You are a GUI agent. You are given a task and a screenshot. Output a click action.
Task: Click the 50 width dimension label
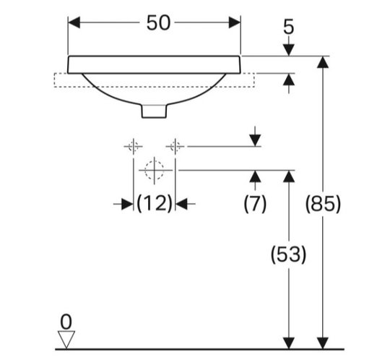click(158, 22)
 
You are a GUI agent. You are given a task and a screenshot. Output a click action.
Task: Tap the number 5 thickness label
click(288, 27)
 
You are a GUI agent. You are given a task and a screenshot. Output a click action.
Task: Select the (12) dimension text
click(155, 203)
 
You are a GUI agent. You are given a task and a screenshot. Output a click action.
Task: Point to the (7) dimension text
click(255, 203)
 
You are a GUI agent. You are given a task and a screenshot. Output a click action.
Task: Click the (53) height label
click(288, 254)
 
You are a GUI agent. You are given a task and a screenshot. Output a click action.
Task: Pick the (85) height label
click(323, 203)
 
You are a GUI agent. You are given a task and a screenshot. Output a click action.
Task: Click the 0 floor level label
click(66, 322)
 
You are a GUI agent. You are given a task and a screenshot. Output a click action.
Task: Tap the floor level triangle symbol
click(66, 340)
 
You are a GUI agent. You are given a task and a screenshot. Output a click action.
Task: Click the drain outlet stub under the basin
click(154, 111)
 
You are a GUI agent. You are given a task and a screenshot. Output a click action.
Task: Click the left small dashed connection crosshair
click(134, 147)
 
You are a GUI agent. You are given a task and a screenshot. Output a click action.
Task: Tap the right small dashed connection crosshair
click(175, 147)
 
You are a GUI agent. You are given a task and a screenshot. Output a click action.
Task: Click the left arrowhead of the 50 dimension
click(74, 22)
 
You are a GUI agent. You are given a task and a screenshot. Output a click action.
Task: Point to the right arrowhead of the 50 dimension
click(235, 22)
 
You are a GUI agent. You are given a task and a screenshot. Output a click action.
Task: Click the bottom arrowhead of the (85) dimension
click(323, 343)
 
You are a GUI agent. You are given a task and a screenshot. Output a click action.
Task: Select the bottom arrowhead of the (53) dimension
click(289, 343)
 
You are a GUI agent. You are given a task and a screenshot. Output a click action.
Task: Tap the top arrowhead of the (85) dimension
click(323, 62)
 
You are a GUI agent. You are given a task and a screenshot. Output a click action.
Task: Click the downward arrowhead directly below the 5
click(289, 50)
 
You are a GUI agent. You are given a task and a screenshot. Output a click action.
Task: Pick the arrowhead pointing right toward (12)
click(127, 204)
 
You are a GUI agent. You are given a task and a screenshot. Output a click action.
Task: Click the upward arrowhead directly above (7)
click(255, 176)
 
